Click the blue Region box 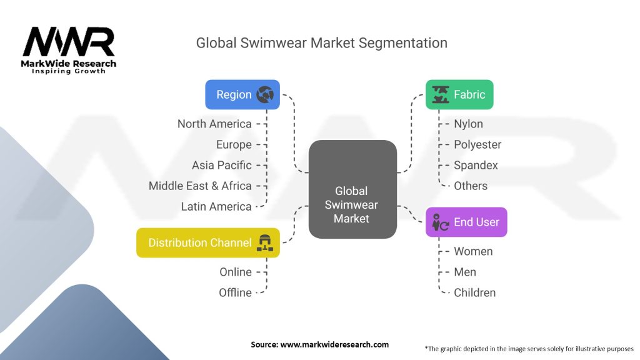tap(242, 95)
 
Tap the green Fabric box tap(459, 95)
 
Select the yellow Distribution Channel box tap(208, 242)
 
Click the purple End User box tap(466, 222)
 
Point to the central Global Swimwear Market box tap(352, 189)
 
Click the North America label tap(214, 124)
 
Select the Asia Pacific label tap(222, 165)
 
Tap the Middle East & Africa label tap(200, 186)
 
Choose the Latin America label tap(216, 206)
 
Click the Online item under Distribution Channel tap(236, 272)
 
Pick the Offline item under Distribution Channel tap(235, 292)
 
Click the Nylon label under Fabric tap(468, 124)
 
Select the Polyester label tap(477, 144)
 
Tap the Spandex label tap(476, 165)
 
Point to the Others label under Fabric tap(471, 186)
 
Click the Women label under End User tap(473, 251)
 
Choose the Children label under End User tap(474, 292)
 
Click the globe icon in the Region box tap(265, 95)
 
